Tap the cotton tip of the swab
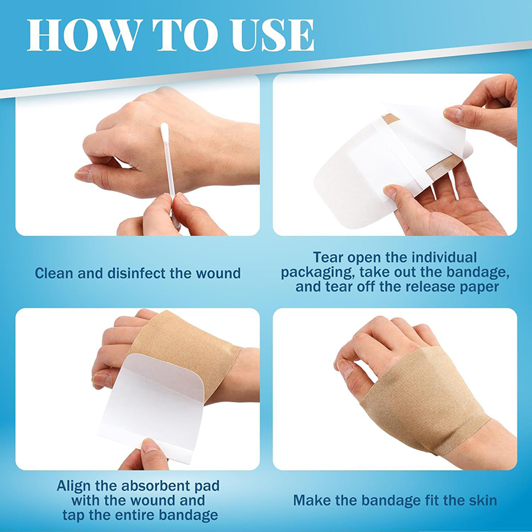click(165, 130)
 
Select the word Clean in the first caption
click(55, 273)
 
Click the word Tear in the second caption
click(326, 257)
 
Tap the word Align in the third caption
click(74, 486)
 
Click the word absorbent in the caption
click(156, 486)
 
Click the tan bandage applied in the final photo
click(424, 400)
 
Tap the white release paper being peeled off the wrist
click(151, 407)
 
